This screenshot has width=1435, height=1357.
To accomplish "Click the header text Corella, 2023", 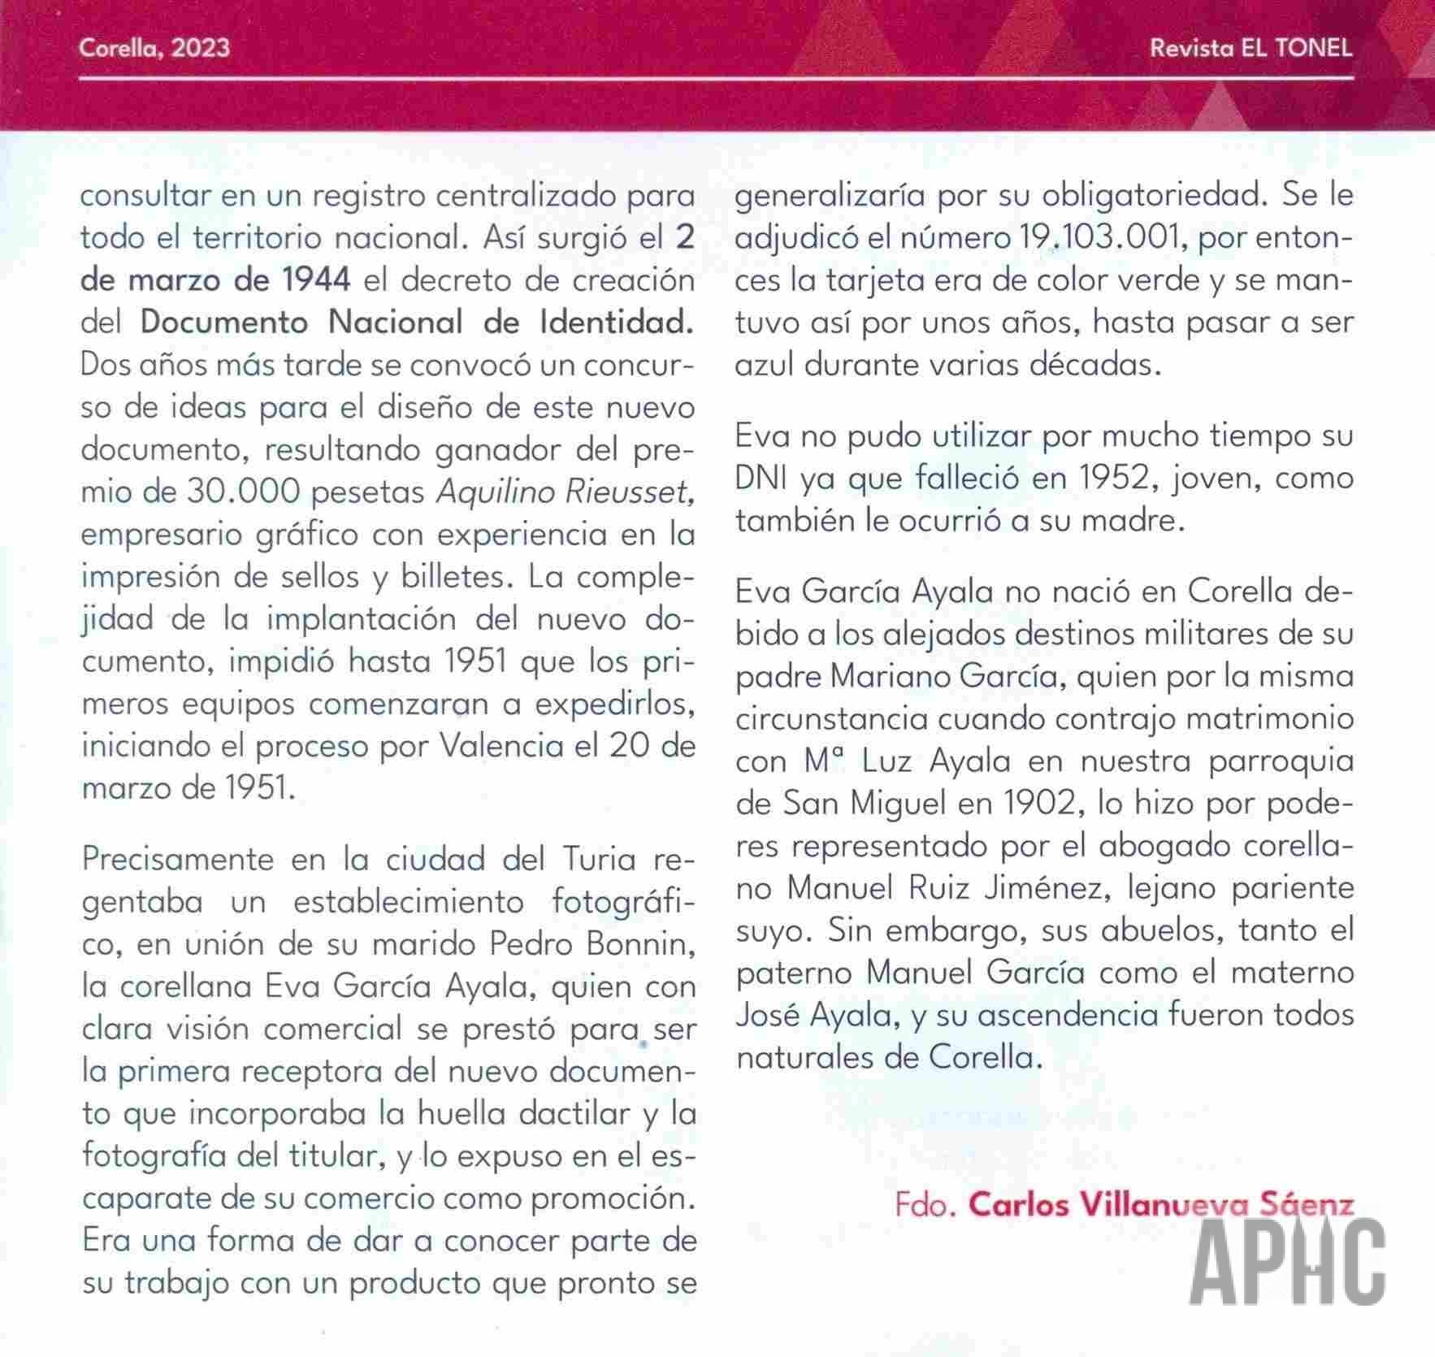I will (154, 48).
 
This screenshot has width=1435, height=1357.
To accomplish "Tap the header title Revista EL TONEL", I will (1251, 48).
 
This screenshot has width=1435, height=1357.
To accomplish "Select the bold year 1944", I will (316, 280).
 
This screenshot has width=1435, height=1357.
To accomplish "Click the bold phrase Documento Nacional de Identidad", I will (417, 323).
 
